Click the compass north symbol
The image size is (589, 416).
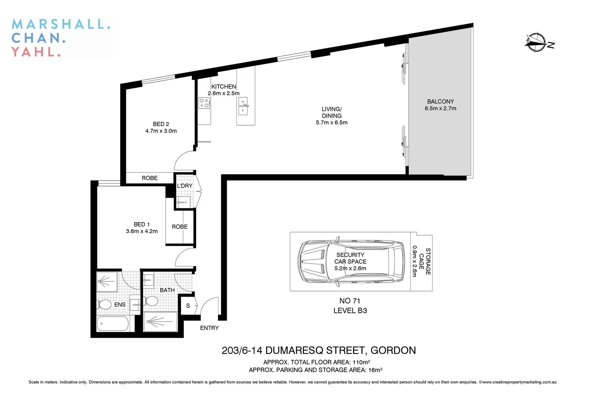[536, 42]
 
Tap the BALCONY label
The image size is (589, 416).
[440, 102]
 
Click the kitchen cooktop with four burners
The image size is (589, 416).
[204, 103]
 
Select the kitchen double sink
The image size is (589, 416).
[243, 106]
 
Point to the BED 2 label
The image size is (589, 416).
[161, 124]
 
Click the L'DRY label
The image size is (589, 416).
[185, 186]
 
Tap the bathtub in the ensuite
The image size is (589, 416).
[112, 324]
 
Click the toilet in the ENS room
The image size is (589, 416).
[104, 305]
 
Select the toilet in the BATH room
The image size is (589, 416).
[152, 301]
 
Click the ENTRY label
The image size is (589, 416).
[209, 328]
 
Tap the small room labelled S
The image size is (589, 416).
[188, 306]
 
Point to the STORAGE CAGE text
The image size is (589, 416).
[425, 261]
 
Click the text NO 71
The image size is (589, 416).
[350, 301]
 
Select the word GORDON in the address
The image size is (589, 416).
[393, 351]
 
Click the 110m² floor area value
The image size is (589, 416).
[361, 362]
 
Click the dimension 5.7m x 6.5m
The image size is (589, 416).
[331, 122]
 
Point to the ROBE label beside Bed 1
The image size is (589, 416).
[180, 227]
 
